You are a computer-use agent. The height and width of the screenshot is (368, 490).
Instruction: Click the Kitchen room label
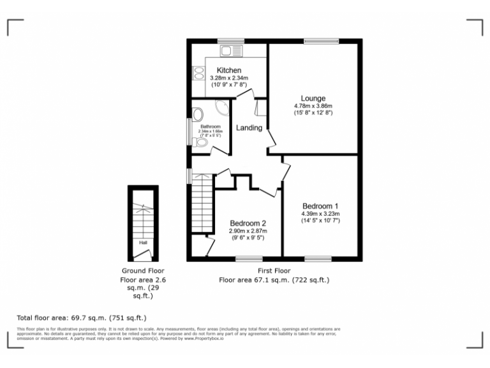tap(229, 70)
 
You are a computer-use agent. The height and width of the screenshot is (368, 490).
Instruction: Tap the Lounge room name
tap(313, 98)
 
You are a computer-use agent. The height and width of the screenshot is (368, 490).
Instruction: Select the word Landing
tap(249, 128)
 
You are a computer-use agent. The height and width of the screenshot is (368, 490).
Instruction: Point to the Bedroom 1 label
tap(320, 206)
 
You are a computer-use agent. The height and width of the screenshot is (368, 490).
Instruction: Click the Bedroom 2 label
tap(248, 223)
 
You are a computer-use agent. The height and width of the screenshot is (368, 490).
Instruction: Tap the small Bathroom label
tap(210, 126)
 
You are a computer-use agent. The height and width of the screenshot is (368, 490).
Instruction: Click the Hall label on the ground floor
tap(143, 243)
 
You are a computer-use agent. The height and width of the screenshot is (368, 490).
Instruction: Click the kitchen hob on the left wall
tap(197, 75)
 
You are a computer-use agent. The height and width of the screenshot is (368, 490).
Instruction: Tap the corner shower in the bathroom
tap(223, 109)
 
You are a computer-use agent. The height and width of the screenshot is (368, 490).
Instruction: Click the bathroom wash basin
tap(198, 115)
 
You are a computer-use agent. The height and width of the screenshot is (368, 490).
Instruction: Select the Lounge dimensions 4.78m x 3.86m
tap(313, 106)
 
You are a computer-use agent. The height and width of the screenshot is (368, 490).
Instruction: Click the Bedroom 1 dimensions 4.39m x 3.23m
tap(320, 213)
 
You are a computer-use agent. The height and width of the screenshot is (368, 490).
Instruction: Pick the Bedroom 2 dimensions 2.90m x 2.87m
tap(248, 231)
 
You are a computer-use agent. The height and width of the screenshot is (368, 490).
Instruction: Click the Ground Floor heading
tap(142, 271)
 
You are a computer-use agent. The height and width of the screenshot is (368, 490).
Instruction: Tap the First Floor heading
tap(274, 271)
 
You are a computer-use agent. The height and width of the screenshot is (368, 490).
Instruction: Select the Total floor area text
tap(82, 318)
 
